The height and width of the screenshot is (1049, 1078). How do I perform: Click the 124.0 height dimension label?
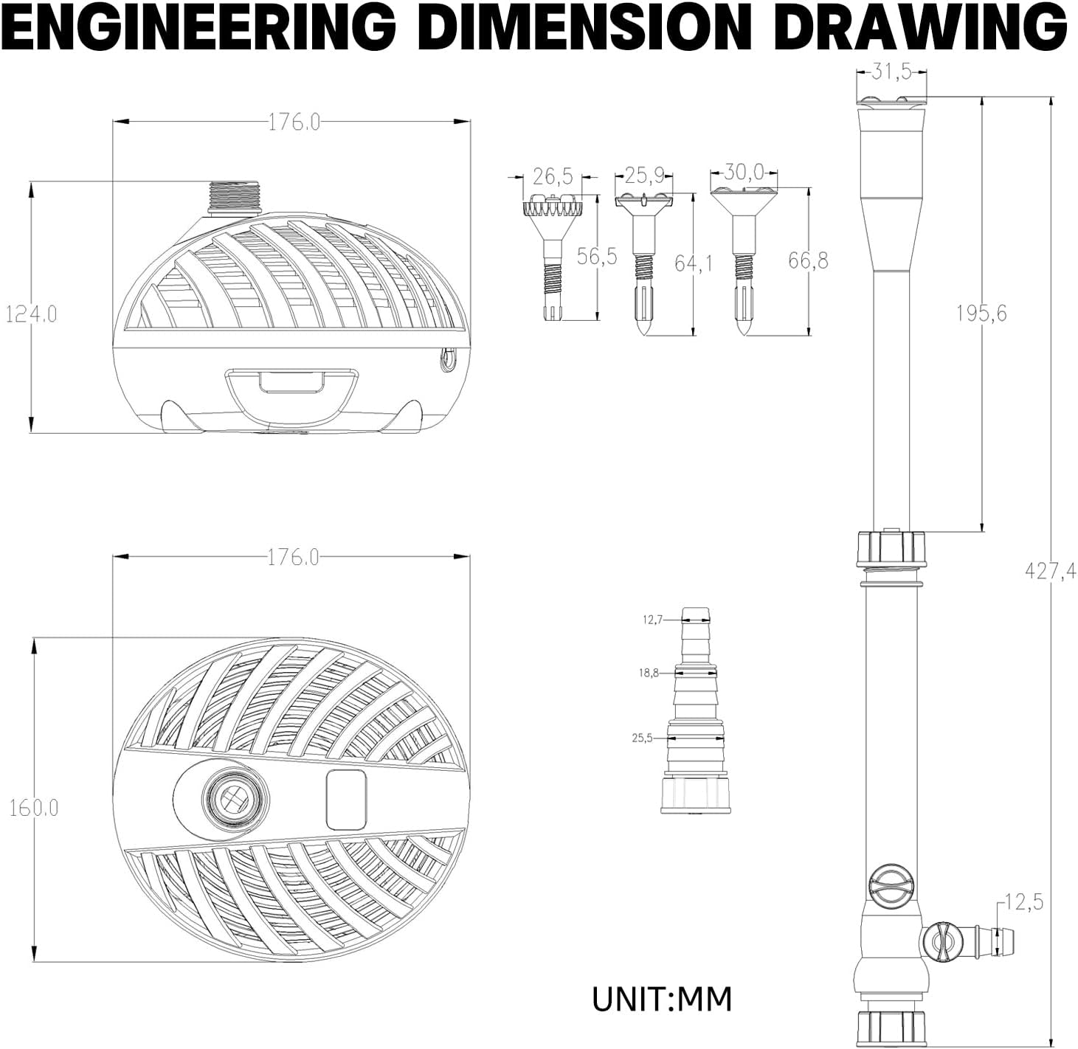click(32, 314)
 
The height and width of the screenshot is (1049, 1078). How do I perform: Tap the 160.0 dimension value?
click(34, 808)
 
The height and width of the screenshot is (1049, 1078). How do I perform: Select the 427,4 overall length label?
click(1050, 570)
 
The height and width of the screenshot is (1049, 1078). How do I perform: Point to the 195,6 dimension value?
click(981, 314)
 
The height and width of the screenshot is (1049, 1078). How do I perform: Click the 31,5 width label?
click(891, 72)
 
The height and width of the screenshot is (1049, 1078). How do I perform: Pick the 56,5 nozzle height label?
click(597, 257)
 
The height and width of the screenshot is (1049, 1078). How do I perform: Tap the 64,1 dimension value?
click(694, 263)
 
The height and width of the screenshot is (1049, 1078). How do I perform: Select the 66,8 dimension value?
click(808, 260)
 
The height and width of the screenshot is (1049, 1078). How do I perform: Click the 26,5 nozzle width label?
click(553, 177)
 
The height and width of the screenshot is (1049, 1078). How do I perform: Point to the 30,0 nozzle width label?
click(744, 172)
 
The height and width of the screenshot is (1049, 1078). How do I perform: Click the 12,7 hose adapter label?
click(652, 620)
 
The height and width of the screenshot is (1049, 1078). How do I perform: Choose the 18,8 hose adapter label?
click(649, 673)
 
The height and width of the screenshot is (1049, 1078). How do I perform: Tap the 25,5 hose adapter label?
click(642, 738)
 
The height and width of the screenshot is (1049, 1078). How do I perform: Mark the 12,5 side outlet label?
click(1023, 918)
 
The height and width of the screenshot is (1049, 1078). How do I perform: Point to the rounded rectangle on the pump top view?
click(346, 800)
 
